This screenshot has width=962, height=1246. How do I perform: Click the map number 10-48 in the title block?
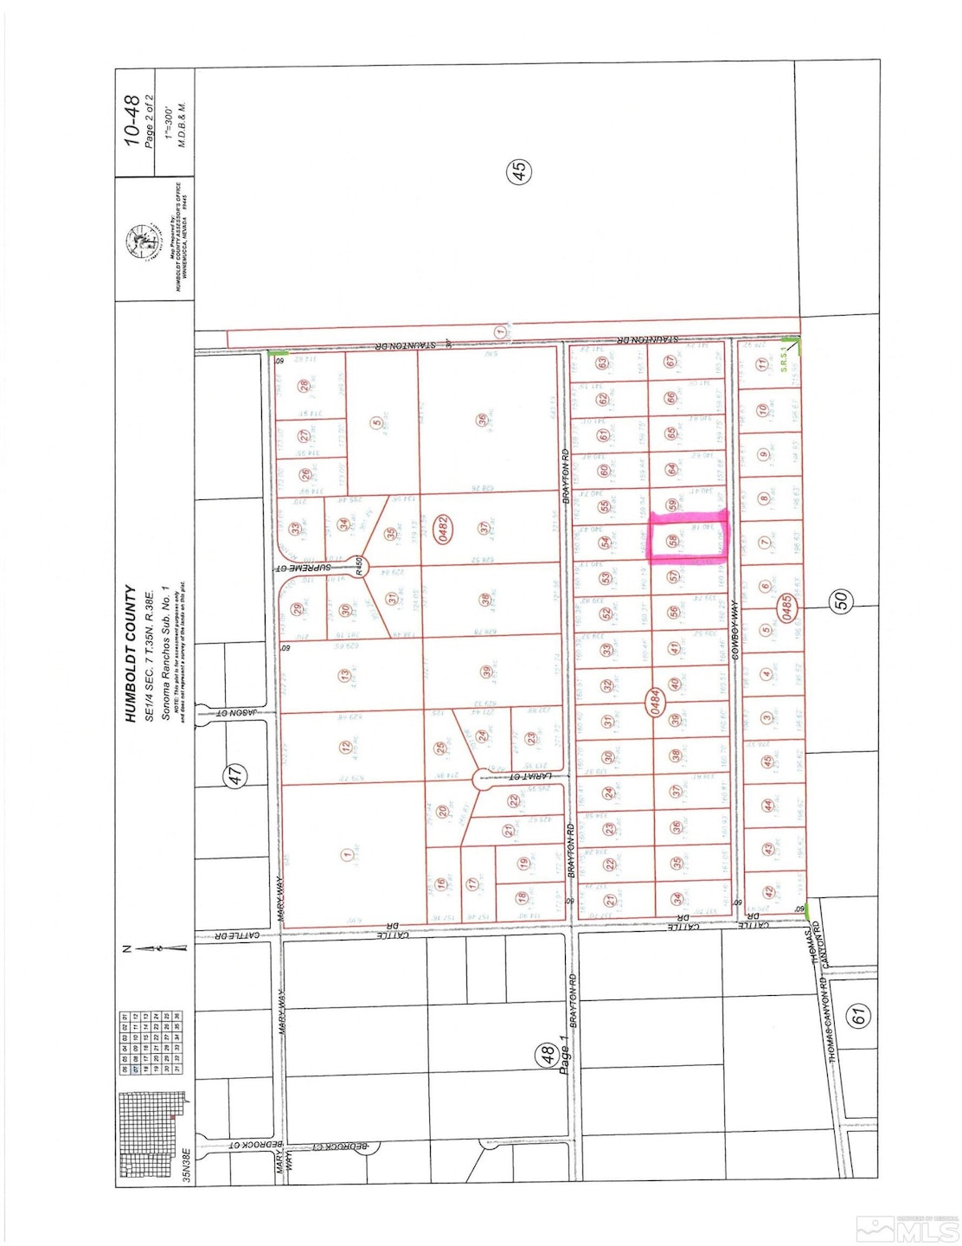pos(131,120)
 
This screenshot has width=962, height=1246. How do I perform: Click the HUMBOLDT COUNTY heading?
pos(131,653)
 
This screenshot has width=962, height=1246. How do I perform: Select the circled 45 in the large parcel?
pos(519,171)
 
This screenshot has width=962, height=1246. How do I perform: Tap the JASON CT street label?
pos(234,715)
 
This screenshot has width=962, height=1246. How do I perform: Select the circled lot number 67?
pos(670,363)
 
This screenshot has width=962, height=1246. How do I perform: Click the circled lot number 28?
pos(304,386)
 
